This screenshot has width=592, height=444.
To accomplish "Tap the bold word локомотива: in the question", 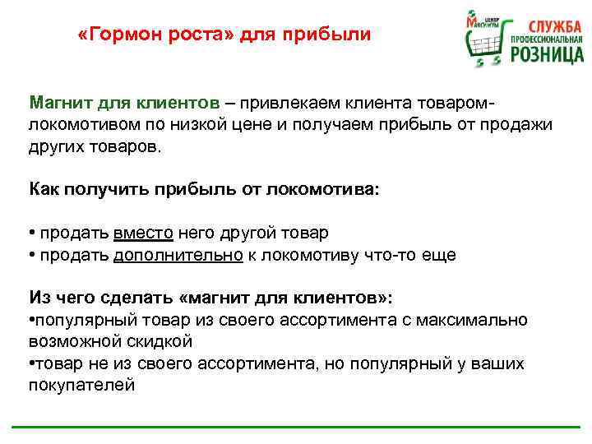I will pos(330,189).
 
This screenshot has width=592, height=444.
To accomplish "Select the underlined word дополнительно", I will pos(178,255).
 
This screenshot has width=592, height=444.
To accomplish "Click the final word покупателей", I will pos(81,383).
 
